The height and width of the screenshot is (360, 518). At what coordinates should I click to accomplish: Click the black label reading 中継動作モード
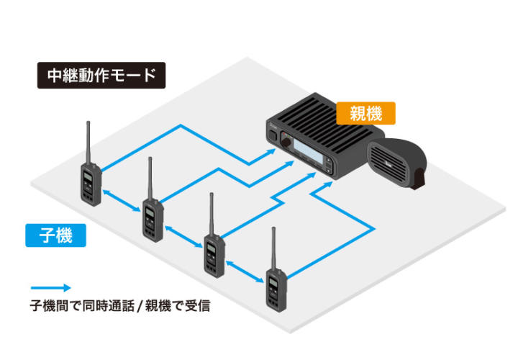click(101, 76)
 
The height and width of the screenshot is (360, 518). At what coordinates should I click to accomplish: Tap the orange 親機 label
click(365, 112)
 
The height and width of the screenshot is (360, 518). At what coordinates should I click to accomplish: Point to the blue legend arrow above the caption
click(50, 287)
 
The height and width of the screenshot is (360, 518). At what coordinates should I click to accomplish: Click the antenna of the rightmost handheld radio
click(273, 248)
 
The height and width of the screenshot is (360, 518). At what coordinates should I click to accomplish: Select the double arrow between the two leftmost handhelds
click(120, 201)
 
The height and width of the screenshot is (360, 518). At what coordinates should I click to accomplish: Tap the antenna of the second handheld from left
click(150, 177)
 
